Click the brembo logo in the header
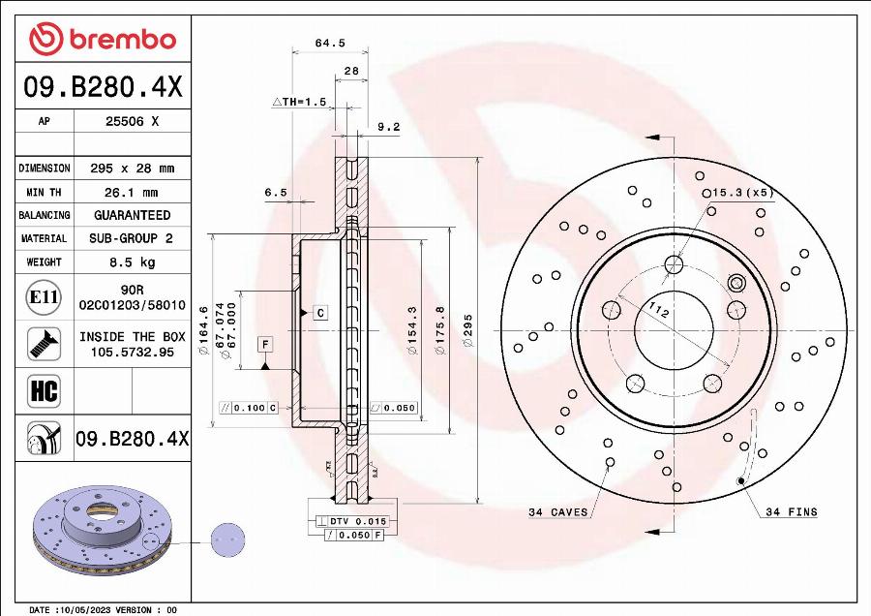point(103,39)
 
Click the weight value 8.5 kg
point(131,262)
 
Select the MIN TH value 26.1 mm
point(131,192)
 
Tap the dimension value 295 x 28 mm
point(131,169)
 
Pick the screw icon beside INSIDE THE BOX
point(44,342)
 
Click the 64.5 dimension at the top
point(330,43)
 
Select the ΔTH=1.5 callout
point(299,102)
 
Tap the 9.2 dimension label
point(388,126)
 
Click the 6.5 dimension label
point(276,193)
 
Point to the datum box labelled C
point(319,312)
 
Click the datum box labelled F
point(264,344)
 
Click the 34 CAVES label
point(558,512)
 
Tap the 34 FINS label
point(791,512)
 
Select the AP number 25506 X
point(131,122)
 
